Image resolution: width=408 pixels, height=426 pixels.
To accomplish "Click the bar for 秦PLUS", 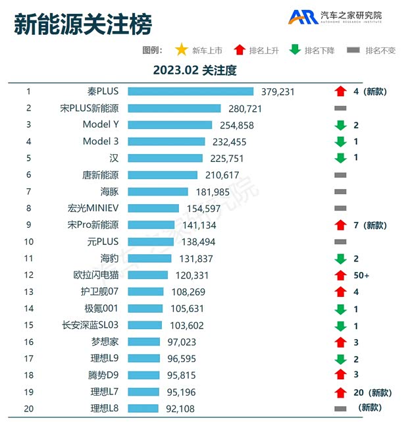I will (x=190, y=92).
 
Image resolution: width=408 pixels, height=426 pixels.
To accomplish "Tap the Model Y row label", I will (x=101, y=124).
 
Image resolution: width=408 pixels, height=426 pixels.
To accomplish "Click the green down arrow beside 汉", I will (x=340, y=158).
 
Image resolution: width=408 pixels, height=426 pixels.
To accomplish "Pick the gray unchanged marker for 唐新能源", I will (x=340, y=174).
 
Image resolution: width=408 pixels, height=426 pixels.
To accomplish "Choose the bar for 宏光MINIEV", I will (x=153, y=208).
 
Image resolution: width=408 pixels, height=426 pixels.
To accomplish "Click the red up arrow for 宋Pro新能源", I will (x=340, y=225).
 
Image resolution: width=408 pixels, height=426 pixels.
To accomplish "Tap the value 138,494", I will (x=198, y=242).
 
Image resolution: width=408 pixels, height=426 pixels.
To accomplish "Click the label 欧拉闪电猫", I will (x=96, y=275).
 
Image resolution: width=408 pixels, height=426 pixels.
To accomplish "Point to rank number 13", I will (x=29, y=292).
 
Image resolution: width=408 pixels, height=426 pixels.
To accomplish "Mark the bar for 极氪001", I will (x=145, y=309).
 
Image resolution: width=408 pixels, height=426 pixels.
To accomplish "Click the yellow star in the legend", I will (x=181, y=50).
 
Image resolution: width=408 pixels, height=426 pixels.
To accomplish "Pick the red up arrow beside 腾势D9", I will (x=340, y=375).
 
